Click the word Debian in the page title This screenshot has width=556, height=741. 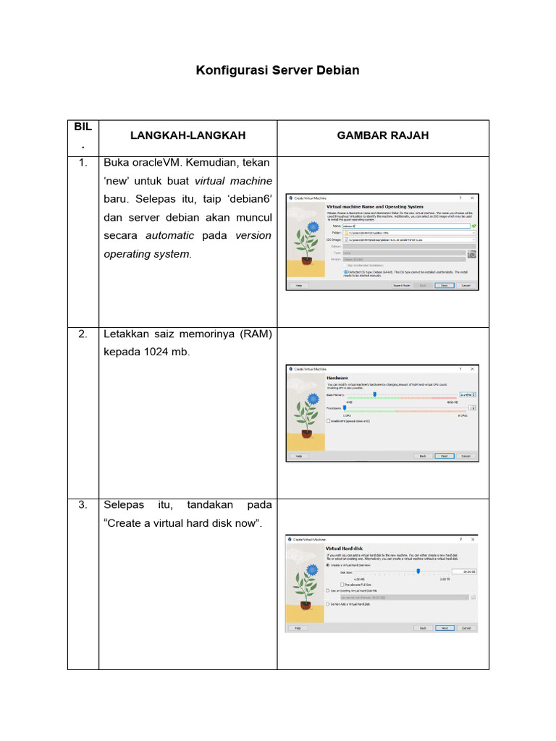(x=337, y=70)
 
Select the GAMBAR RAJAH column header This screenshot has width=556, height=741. (x=383, y=135)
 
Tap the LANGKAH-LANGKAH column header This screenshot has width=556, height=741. (x=188, y=135)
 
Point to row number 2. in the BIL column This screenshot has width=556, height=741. (x=83, y=334)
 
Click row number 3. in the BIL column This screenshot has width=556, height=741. (x=83, y=504)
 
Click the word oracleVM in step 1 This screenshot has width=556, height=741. (x=156, y=161)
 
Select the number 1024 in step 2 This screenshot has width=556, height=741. (x=159, y=352)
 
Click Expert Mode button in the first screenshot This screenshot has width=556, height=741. (x=402, y=286)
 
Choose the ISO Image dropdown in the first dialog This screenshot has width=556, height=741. (x=410, y=239)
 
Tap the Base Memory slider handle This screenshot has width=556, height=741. (x=374, y=394)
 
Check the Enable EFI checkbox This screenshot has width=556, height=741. (x=329, y=420)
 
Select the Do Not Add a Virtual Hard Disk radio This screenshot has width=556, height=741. (x=328, y=604)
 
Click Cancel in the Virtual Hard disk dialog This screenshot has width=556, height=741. (x=466, y=628)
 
